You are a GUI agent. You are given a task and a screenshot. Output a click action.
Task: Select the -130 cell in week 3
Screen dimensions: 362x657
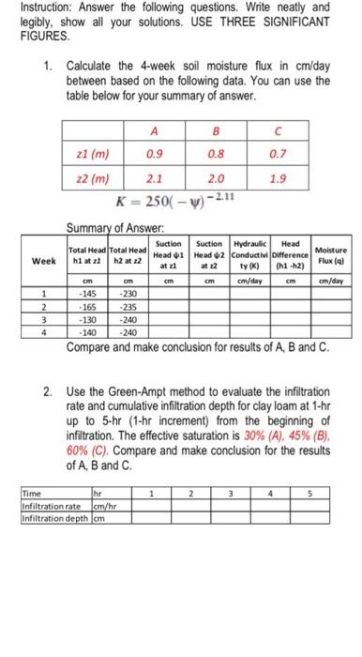87,318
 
